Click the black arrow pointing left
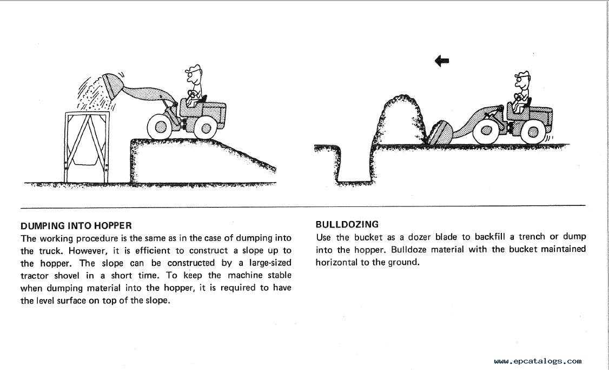441,61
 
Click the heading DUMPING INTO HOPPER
76,226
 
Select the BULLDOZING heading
347,224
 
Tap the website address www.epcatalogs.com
538,361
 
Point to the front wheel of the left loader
160,126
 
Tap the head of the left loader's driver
194,74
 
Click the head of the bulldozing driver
522,80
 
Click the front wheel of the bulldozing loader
486,131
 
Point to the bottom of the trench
355,181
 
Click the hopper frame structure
87,147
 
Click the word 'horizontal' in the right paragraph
336,262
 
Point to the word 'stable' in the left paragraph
279,275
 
